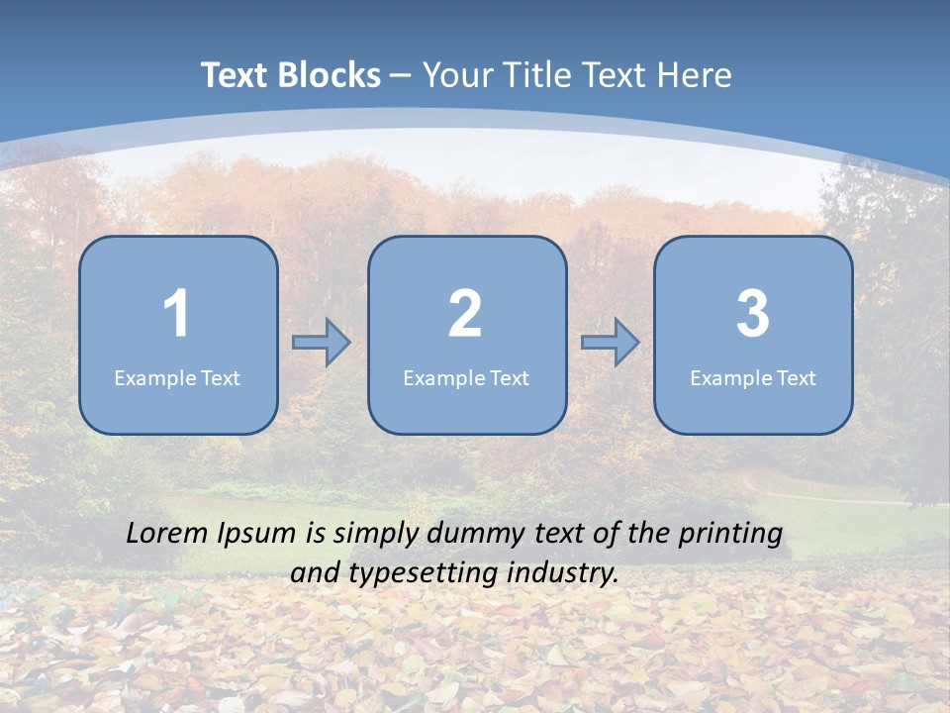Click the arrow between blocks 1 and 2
322,343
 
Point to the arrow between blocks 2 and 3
611,343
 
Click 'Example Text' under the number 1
177,377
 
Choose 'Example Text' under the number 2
466,377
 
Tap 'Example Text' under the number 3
753,377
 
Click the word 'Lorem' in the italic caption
168,533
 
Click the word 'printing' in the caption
730,535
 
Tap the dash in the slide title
401,75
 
